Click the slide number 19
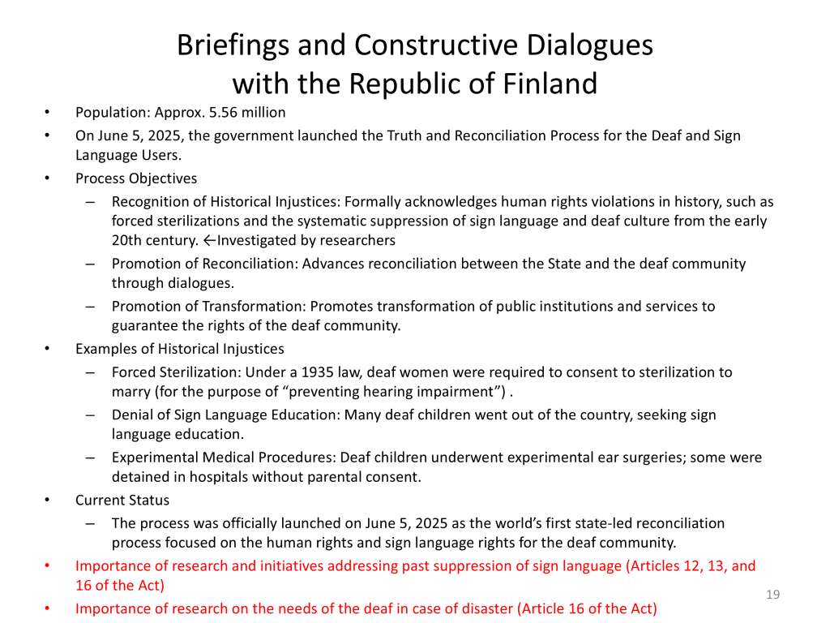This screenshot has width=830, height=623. pyautogui.click(x=772, y=595)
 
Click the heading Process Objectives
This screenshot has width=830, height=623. pyautogui.click(x=136, y=178)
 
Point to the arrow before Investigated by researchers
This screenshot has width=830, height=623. pyautogui.click(x=210, y=241)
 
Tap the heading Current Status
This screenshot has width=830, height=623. pyautogui.click(x=122, y=500)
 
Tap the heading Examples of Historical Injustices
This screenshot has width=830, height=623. pyautogui.click(x=180, y=349)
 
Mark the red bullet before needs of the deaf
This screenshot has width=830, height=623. pyautogui.click(x=48, y=608)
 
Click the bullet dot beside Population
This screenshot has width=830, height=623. pyautogui.click(x=48, y=113)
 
